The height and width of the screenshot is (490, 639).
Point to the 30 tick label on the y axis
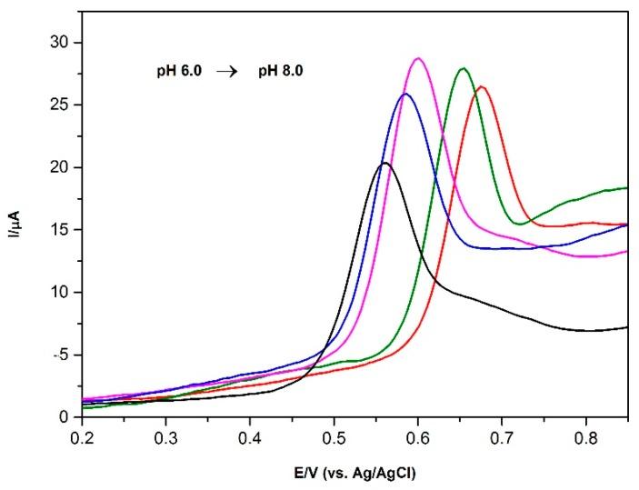coord(58,43)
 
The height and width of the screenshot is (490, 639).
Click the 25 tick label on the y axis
coord(58,105)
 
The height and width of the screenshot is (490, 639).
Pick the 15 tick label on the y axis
coord(58,230)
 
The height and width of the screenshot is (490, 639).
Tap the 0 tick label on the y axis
coord(62,417)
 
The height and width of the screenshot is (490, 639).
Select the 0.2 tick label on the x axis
coord(82,437)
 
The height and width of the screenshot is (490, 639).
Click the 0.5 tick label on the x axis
coord(334,437)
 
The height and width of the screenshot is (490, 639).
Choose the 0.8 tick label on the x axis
coord(585,437)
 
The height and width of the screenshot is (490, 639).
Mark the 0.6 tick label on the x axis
coord(418,437)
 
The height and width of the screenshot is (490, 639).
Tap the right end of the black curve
coord(627,327)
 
